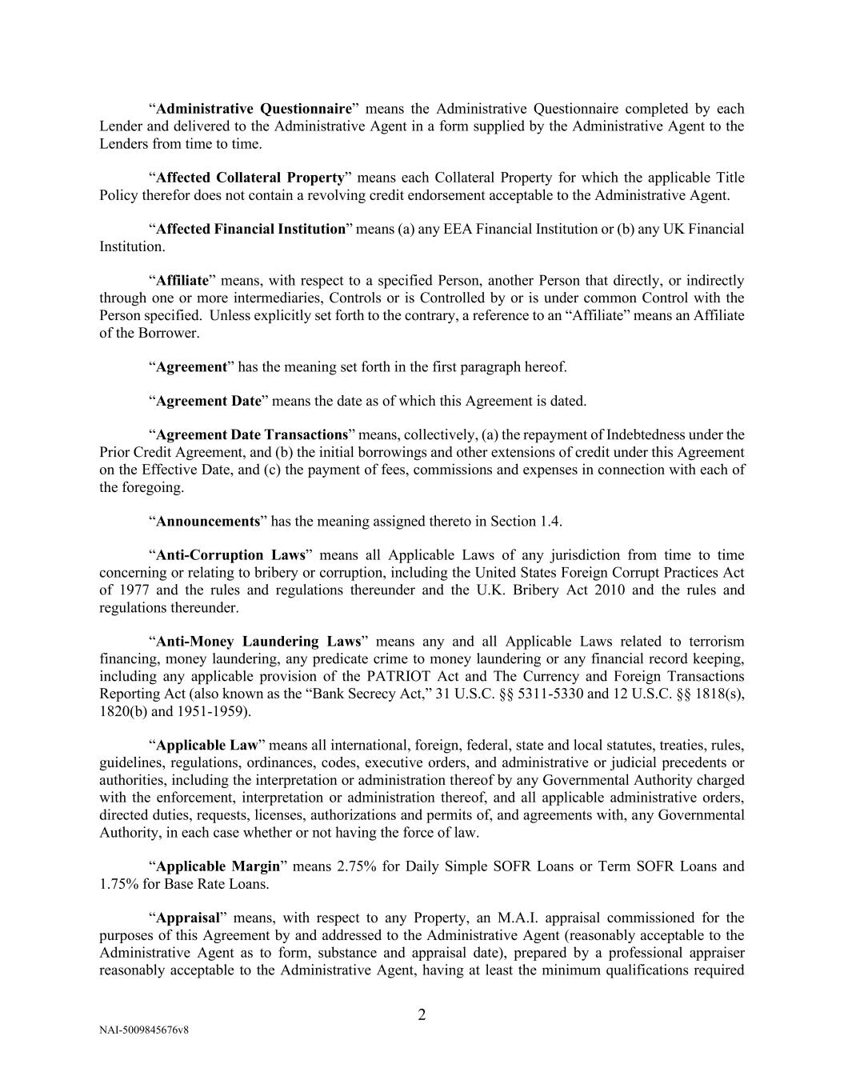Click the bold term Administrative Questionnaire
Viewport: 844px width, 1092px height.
(x=254, y=109)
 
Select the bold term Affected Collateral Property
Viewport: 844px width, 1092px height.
(x=250, y=178)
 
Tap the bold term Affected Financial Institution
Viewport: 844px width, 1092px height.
(x=250, y=230)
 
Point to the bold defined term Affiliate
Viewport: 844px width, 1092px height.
(x=182, y=281)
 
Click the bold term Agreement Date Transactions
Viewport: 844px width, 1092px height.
(x=252, y=435)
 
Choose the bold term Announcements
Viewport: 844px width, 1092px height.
(x=208, y=522)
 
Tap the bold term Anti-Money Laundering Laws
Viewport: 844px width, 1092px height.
(x=258, y=642)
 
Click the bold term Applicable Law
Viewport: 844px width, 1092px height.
(x=207, y=746)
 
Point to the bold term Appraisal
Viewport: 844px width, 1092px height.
(x=188, y=918)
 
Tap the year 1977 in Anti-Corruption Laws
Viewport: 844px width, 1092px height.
(x=131, y=590)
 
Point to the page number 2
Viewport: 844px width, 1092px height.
(x=422, y=1016)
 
